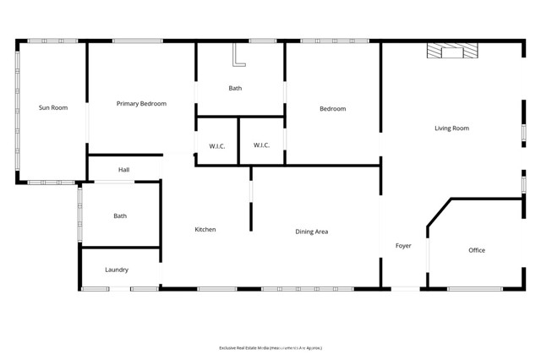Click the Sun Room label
(52, 107)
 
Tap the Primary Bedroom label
(141, 104)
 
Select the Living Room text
(451, 128)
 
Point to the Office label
(477, 250)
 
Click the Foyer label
(403, 246)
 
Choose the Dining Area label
(311, 232)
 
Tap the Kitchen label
(205, 230)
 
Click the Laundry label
(117, 270)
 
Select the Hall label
(124, 170)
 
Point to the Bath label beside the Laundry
(120, 216)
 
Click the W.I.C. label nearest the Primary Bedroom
(216, 145)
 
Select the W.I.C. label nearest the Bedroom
(261, 145)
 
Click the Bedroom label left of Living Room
(332, 109)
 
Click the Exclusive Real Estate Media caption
(270, 347)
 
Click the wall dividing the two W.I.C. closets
(238, 140)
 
